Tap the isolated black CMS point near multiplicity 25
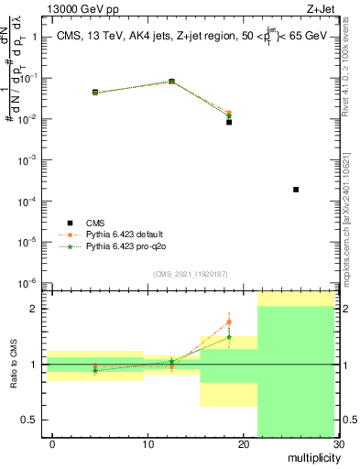point(296,190)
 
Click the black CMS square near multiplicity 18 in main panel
point(229,122)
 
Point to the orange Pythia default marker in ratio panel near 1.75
point(229,322)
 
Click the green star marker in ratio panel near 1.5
point(229,337)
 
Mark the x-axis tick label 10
point(147,444)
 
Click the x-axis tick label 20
point(243,444)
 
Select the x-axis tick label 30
point(338,444)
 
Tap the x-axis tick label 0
point(52,444)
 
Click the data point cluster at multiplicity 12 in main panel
point(171,82)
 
